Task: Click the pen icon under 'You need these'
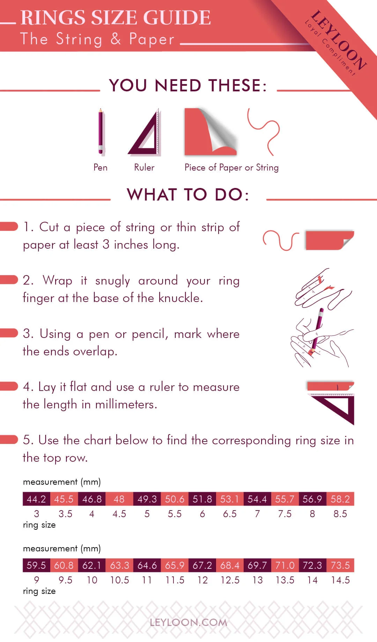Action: click(101, 132)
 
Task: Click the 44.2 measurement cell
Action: click(36, 499)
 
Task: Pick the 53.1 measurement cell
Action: click(230, 499)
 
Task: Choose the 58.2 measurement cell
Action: click(340, 499)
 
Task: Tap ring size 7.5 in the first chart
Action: click(285, 514)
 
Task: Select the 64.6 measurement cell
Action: click(147, 565)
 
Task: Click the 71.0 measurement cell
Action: click(285, 565)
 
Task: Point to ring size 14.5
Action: click(340, 580)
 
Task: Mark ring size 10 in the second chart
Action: click(92, 580)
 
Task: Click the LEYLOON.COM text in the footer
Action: click(188, 622)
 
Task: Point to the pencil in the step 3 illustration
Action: click(317, 330)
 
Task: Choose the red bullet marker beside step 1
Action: click(9, 226)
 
